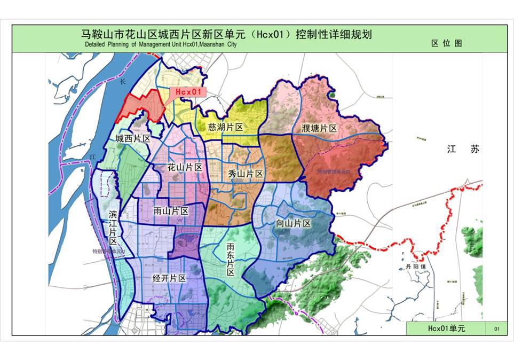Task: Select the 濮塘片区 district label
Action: coord(319,129)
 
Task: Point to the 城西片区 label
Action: coord(132,139)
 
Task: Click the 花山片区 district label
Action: coord(185,168)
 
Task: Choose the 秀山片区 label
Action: coord(245,174)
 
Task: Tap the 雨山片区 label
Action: coord(171,212)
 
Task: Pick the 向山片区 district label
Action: coord(293,223)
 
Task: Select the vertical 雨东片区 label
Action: coord(231,260)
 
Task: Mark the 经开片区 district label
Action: coord(169,278)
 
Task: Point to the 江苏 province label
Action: coord(463,150)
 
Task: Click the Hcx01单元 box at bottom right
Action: coord(446,328)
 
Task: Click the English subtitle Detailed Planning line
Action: coord(160,45)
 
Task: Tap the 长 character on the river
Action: coord(122,81)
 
